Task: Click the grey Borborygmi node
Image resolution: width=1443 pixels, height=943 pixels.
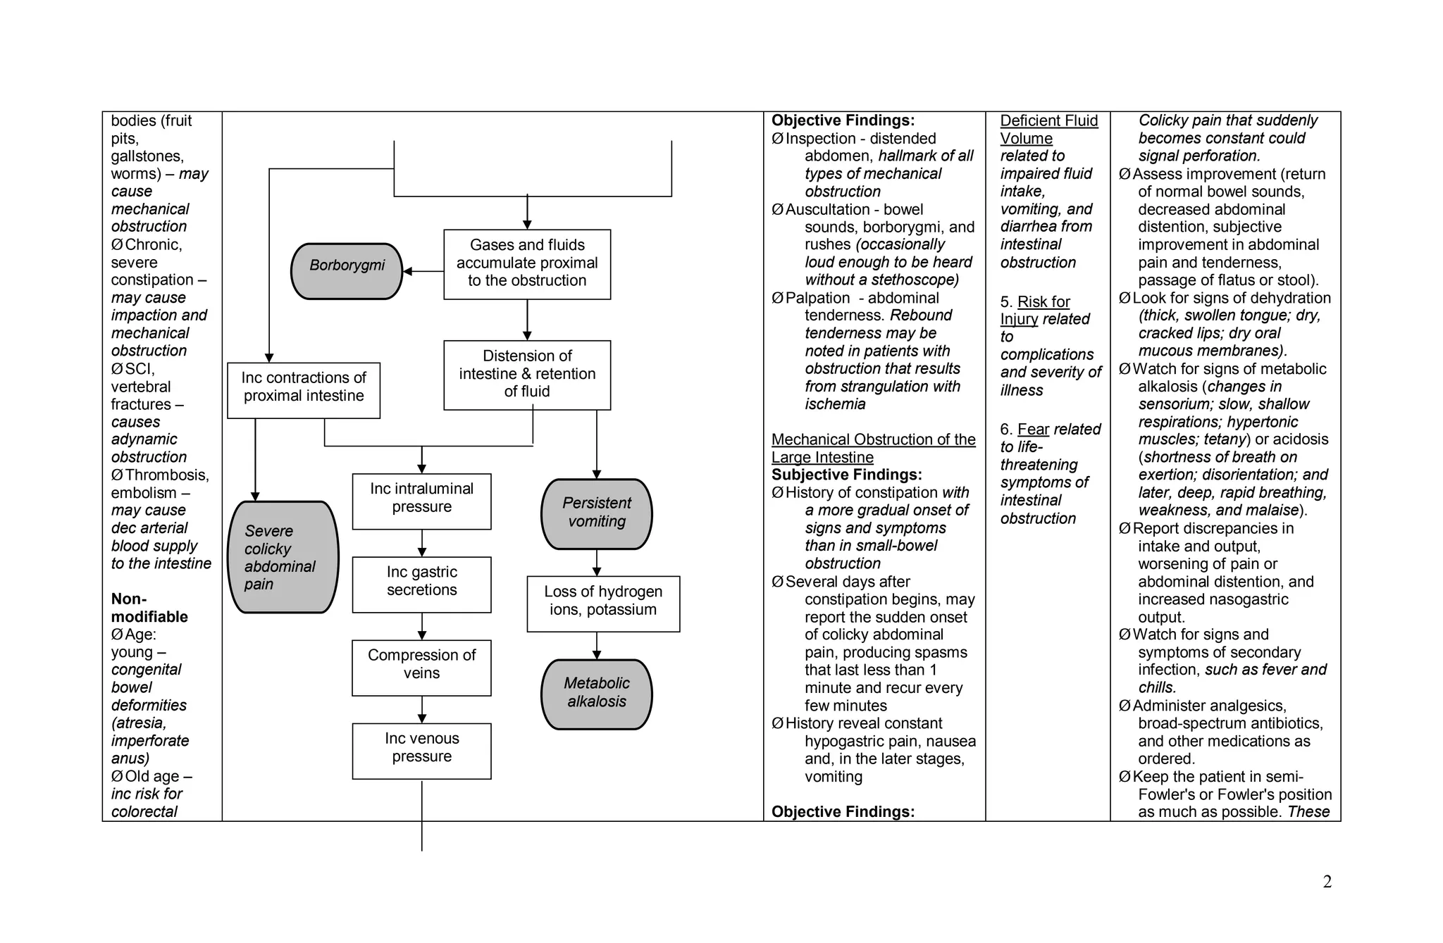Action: pyautogui.click(x=347, y=271)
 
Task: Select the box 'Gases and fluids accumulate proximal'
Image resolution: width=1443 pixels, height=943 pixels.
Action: pyautogui.click(x=527, y=264)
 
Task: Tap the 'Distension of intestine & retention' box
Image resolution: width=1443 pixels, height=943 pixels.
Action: pyautogui.click(x=527, y=375)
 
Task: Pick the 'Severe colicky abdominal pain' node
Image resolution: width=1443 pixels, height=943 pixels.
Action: pyautogui.click(x=283, y=557)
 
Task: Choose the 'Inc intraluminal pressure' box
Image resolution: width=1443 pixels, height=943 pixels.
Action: pyautogui.click(x=421, y=501)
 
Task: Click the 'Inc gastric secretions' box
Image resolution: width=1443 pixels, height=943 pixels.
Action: pyautogui.click(x=421, y=585)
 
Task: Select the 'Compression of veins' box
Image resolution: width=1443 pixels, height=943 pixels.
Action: pyautogui.click(x=421, y=668)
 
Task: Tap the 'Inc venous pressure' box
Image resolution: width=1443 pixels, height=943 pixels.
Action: pyautogui.click(x=421, y=751)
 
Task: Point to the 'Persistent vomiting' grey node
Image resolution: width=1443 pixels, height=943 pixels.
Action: pyautogui.click(x=596, y=513)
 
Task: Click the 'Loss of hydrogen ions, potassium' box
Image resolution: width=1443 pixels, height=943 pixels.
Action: pyautogui.click(x=603, y=604)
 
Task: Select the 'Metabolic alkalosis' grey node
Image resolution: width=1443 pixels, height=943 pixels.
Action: pyautogui.click(x=596, y=694)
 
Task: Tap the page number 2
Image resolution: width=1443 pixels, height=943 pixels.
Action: pyautogui.click(x=1327, y=882)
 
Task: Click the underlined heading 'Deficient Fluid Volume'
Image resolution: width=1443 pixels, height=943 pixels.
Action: pyautogui.click(x=1048, y=130)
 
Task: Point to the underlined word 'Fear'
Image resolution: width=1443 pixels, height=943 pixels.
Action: pyautogui.click(x=1033, y=430)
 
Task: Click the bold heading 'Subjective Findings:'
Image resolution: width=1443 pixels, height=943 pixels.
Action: pyautogui.click(x=846, y=475)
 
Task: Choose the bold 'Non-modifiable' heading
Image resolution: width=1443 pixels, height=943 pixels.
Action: pyautogui.click(x=149, y=608)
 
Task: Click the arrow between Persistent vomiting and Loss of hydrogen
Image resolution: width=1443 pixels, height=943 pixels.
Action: pyautogui.click(x=597, y=563)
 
